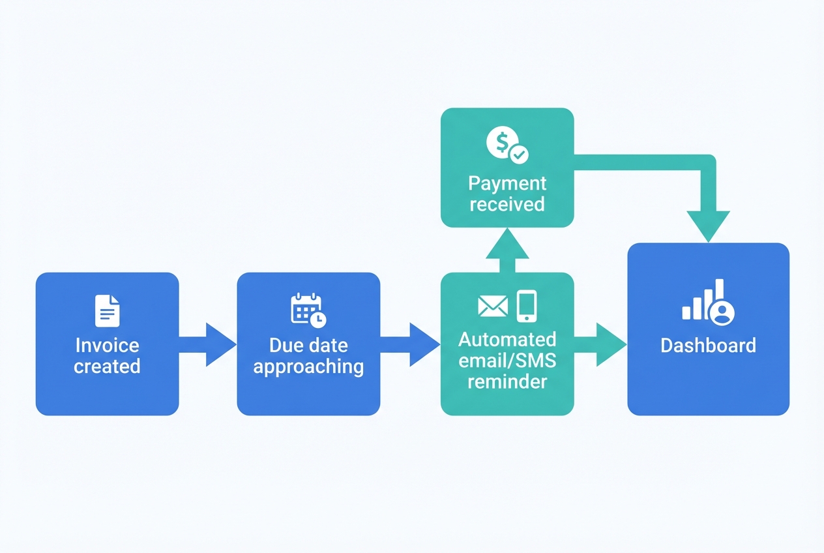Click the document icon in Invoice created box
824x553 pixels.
(108, 310)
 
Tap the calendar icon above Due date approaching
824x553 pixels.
(308, 310)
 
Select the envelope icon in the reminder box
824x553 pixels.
(493, 306)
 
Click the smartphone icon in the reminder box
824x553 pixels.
(526, 306)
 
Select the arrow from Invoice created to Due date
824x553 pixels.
(207, 344)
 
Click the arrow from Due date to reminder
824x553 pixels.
(409, 344)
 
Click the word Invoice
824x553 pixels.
(107, 345)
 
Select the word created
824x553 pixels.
(107, 366)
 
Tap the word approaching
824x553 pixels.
(308, 366)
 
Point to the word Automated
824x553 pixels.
(507, 340)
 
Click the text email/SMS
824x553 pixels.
(507, 361)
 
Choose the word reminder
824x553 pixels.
(507, 381)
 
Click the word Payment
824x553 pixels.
(507, 183)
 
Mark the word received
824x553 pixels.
(507, 204)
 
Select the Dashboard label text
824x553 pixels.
(708, 345)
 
